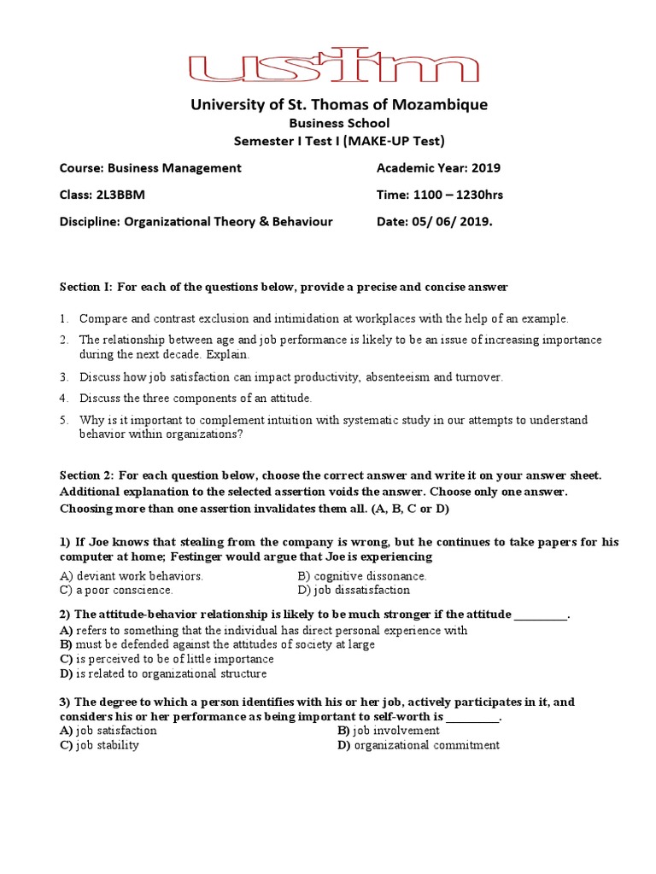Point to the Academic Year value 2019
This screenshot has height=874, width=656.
pos(486,168)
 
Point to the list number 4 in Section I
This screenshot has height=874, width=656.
pos(63,399)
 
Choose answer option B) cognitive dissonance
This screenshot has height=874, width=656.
pos(362,576)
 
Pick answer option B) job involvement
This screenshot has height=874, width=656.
pos(389,731)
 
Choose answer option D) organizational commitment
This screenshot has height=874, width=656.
pos(419,745)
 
